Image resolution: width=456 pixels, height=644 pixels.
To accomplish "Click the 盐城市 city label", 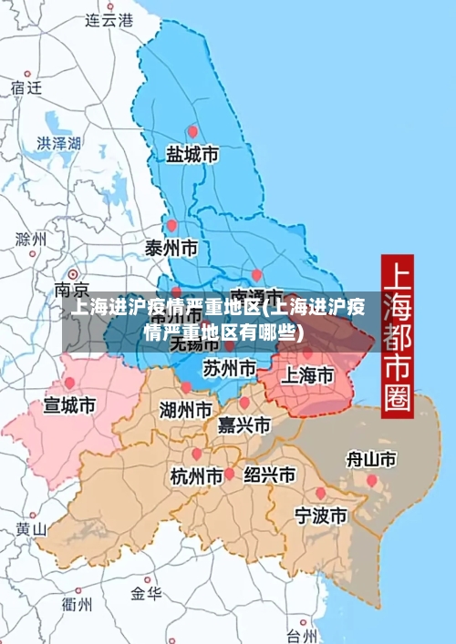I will pyautogui.click(x=192, y=155).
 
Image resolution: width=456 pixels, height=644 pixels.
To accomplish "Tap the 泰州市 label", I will pyautogui.click(x=171, y=247).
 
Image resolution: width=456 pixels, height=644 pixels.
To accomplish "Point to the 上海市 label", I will pyautogui.click(x=306, y=374).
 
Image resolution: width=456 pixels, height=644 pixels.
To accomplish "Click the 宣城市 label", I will pyautogui.click(x=69, y=404).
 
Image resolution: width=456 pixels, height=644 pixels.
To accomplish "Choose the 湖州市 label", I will pyautogui.click(x=186, y=409).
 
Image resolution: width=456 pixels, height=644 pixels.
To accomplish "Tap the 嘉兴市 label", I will pyautogui.click(x=244, y=424).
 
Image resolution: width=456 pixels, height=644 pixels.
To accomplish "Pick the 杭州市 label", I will pyautogui.click(x=196, y=475).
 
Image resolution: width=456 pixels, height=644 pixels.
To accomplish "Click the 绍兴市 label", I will pyautogui.click(x=269, y=475).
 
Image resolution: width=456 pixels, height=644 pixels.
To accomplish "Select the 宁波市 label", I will pyautogui.click(x=320, y=516).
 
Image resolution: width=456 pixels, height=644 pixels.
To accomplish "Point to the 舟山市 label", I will pyautogui.click(x=371, y=459).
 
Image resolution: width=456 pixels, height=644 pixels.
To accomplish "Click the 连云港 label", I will pyautogui.click(x=109, y=19).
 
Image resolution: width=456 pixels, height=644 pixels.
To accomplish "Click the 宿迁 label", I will pyautogui.click(x=26, y=88).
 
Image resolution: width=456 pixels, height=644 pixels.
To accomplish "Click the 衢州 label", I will pyautogui.click(x=77, y=603).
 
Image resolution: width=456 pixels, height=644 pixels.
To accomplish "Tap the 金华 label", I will pyautogui.click(x=146, y=594).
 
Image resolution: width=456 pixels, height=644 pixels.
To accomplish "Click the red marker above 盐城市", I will pyautogui.click(x=192, y=131).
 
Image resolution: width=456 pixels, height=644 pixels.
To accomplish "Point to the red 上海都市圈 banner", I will pyautogui.click(x=396, y=332).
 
